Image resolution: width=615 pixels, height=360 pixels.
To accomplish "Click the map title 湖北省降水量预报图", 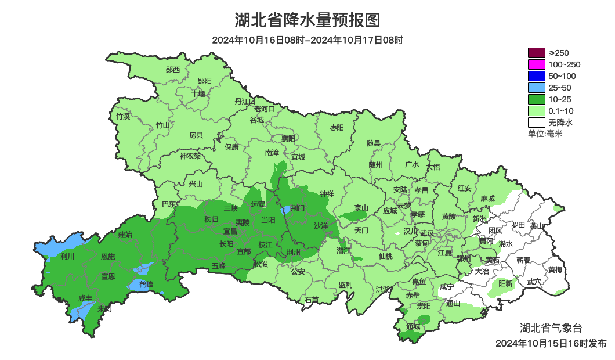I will [307, 20].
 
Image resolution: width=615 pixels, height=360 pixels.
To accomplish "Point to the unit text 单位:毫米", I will [545, 134].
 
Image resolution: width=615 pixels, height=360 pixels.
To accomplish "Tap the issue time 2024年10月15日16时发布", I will [551, 343].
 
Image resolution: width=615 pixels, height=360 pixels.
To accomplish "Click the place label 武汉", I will [428, 232].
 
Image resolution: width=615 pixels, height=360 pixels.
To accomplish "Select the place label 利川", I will [67, 256].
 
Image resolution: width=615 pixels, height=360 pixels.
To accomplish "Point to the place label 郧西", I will [173, 70].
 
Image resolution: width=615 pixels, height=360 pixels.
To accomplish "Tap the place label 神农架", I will [190, 156].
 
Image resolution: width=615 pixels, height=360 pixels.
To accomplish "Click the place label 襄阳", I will [288, 138].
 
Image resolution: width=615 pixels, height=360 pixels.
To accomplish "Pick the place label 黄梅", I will [555, 269].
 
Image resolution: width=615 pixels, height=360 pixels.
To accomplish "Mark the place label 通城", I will [413, 326].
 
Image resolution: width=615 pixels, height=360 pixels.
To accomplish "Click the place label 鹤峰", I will [146, 284].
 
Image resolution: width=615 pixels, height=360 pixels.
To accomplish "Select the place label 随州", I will [376, 164].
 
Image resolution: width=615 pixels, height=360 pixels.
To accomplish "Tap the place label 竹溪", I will [123, 116].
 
